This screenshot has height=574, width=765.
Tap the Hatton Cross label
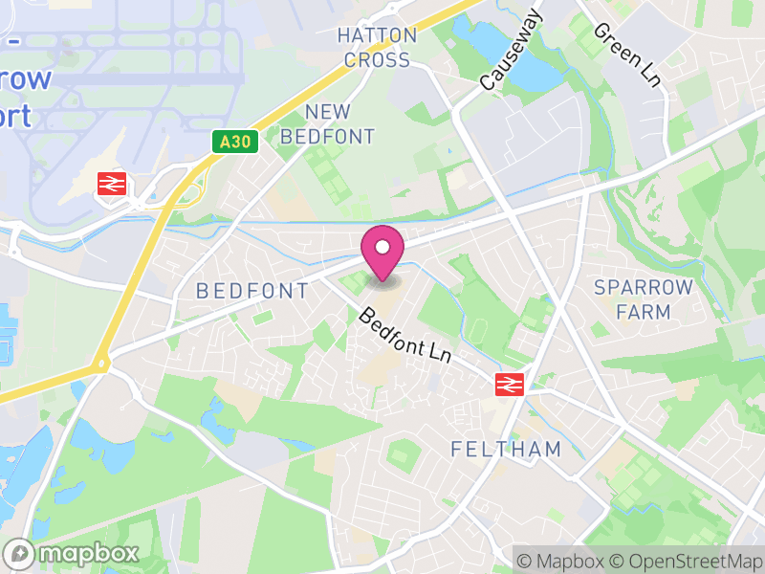point(378,48)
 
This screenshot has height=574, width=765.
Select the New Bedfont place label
point(327,124)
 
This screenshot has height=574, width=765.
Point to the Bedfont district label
point(252,291)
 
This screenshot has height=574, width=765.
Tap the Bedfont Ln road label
point(405,334)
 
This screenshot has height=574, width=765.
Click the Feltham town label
point(505,449)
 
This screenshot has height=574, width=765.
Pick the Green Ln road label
point(628,55)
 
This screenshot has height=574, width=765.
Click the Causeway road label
point(511,52)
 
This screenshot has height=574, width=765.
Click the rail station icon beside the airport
point(113,183)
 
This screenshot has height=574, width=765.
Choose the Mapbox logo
point(73,553)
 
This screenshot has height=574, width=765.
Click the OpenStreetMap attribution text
point(689,561)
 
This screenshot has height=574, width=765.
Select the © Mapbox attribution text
point(560,561)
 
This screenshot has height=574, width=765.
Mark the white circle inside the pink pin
point(382,248)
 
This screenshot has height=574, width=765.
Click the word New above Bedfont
point(327,112)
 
